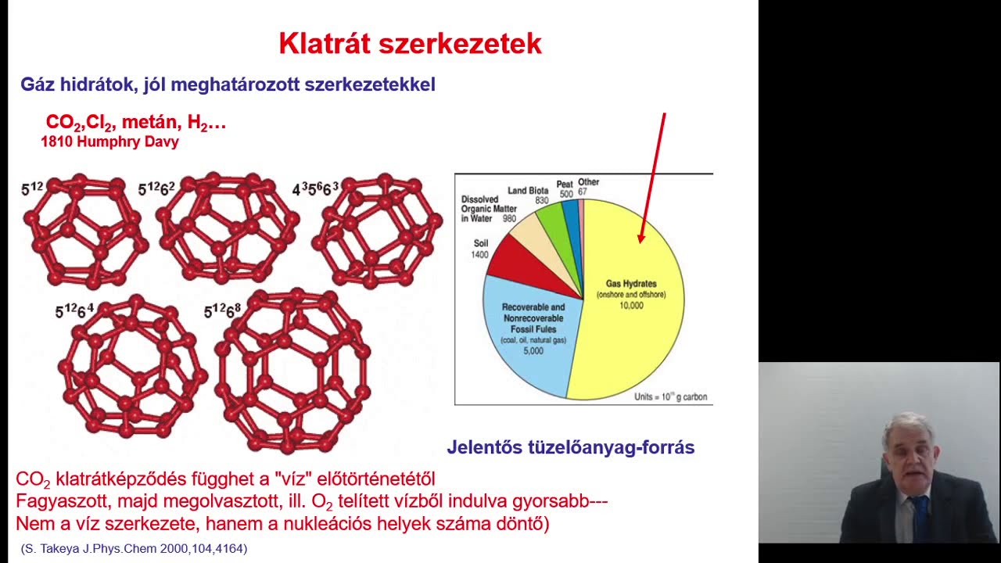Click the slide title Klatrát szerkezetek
[410, 44]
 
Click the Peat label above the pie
[565, 185]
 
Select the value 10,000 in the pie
[631, 306]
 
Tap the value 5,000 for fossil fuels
[533, 351]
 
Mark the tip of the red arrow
[641, 241]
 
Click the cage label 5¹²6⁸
[222, 311]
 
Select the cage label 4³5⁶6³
[315, 189]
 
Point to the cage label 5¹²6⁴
[74, 311]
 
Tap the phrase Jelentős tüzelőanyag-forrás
[570, 447]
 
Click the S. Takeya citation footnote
[134, 549]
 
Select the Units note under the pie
[670, 397]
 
